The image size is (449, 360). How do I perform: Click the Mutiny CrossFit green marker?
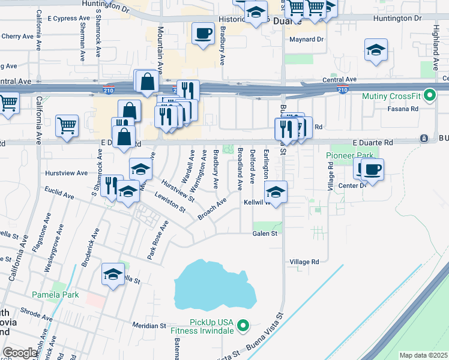tap(429, 95)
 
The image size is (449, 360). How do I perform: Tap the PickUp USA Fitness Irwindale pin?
tap(243, 326)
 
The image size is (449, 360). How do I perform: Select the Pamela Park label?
tap(55, 295)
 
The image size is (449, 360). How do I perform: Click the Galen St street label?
tap(264, 233)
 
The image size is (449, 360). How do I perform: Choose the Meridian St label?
tap(149, 325)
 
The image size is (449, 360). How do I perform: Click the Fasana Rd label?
tap(406, 109)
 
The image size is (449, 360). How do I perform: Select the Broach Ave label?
tap(212, 210)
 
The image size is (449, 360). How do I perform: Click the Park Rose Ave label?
tap(158, 240)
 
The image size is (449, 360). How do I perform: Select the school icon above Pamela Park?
tap(113, 274)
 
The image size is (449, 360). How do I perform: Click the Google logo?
tap(20, 352)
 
